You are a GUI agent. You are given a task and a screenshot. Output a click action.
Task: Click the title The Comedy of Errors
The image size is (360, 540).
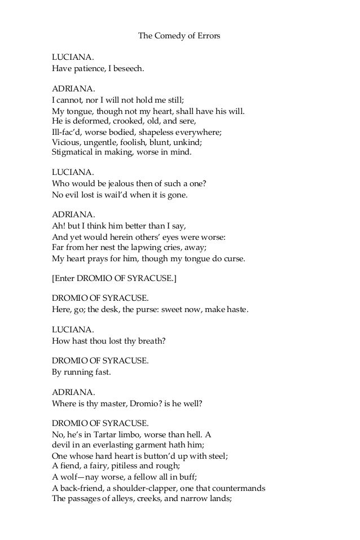coord(179,36)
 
